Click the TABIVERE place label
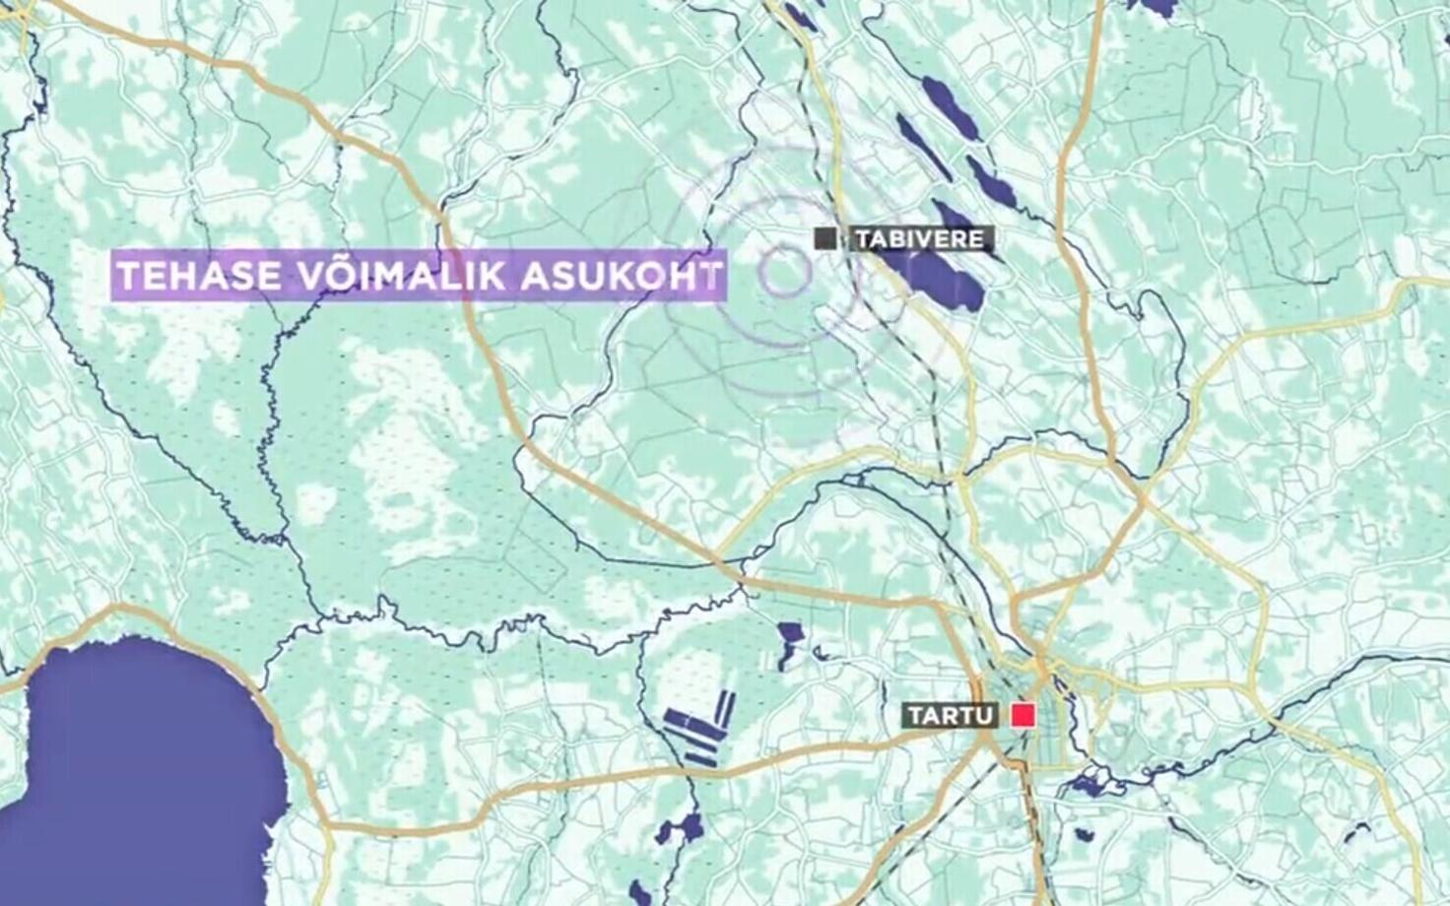[920, 239]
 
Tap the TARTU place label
[950, 716]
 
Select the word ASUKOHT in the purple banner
[621, 276]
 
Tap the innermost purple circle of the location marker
[784, 272]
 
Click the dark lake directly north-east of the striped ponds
[790, 642]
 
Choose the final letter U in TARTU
[983, 716]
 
